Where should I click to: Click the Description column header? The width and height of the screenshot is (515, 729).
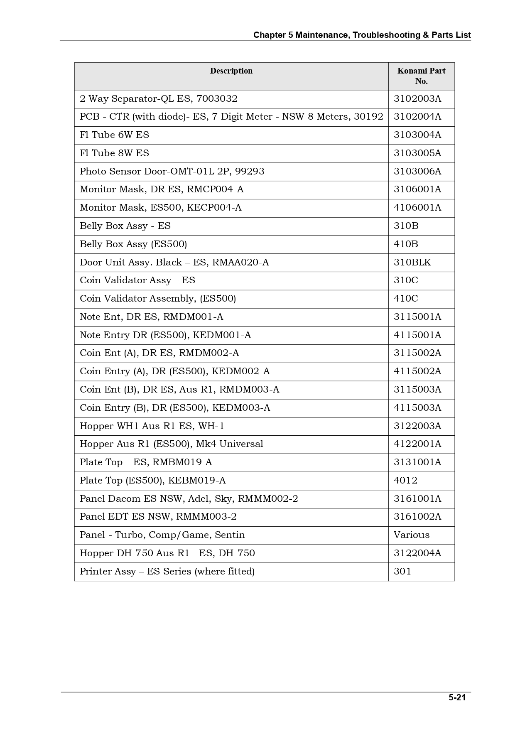231,71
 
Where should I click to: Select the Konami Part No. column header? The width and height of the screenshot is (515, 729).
421,76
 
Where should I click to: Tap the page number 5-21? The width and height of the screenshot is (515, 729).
457,697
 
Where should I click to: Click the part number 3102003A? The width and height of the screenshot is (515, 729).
417,99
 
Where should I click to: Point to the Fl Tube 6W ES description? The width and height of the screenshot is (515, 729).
114,135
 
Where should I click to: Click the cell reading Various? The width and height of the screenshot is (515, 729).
411,535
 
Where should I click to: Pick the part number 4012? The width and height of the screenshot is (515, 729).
405,481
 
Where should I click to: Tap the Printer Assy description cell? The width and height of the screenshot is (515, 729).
167,572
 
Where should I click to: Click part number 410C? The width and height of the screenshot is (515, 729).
406,299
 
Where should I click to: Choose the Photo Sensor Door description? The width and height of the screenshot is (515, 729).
172,172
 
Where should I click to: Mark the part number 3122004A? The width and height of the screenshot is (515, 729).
417,553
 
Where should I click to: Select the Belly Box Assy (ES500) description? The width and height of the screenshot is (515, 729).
133,244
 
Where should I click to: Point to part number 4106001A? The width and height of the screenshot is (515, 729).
417,208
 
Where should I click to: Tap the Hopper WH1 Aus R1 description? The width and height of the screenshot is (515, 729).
152,426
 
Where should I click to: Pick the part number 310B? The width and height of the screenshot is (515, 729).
406,226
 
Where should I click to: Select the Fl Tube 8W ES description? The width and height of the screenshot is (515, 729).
114,153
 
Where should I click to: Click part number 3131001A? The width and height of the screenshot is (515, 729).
417,462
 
